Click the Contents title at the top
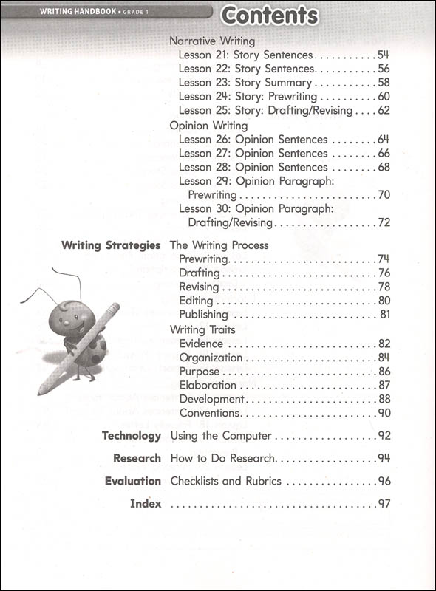point(270,16)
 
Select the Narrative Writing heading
point(212,41)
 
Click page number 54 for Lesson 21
point(383,55)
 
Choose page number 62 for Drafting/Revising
point(383,111)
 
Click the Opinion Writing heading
point(208,126)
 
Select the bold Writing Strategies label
point(111,245)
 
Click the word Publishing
point(203,315)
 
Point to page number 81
point(384,315)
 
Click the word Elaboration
point(208,385)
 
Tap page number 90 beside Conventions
point(384,413)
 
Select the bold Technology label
point(131,436)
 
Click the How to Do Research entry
point(222,458)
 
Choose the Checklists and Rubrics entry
point(225,481)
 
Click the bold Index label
point(145,504)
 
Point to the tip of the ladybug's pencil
point(39,392)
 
